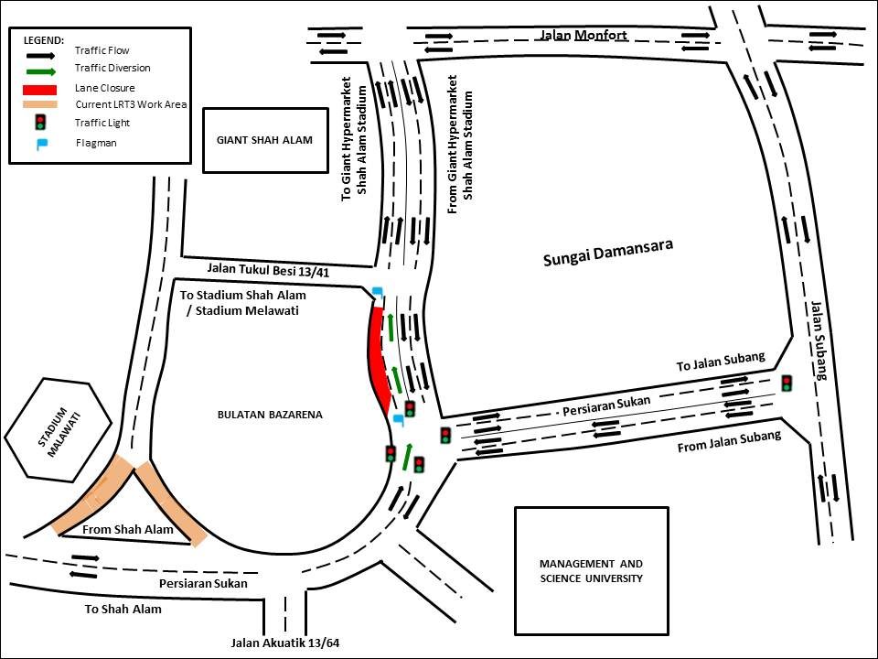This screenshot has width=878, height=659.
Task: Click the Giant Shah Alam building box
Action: (x=265, y=140)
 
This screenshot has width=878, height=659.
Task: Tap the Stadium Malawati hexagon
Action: (x=59, y=430)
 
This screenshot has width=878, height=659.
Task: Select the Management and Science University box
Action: (x=592, y=571)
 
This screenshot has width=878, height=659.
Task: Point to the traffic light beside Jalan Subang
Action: (x=787, y=384)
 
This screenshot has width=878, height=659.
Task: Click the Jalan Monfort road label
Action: (x=583, y=36)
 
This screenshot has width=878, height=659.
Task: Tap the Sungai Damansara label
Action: (x=608, y=253)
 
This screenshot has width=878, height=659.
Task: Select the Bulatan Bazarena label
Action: (x=270, y=415)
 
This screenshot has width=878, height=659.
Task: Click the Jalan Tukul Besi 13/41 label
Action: (x=268, y=270)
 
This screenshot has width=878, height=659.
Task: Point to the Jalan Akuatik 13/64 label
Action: (x=285, y=643)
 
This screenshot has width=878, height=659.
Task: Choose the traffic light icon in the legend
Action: (x=39, y=122)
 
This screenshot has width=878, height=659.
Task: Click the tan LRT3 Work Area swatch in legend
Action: (x=39, y=104)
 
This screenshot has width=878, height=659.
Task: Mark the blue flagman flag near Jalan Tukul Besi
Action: (x=378, y=292)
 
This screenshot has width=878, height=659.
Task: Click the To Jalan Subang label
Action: (x=721, y=362)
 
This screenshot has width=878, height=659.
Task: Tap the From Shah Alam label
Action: (x=128, y=530)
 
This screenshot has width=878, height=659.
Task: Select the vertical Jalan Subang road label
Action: (x=819, y=340)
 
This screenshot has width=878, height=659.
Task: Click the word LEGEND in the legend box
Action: (x=44, y=40)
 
